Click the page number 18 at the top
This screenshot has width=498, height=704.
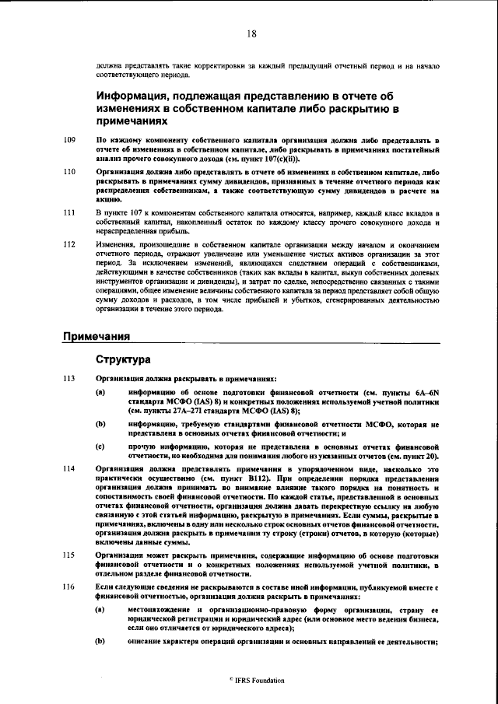tap(251, 33)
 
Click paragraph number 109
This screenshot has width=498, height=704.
tap(69, 139)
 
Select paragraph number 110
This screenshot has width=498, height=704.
tap(69, 170)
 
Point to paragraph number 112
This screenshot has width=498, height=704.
tap(69, 244)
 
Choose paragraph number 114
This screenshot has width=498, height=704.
tap(69, 469)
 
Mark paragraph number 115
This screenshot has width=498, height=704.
tap(69, 555)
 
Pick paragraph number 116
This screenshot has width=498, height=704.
tap(69, 585)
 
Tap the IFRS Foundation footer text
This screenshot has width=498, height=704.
tap(251, 680)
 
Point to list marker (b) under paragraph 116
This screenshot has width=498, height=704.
tap(101, 641)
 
